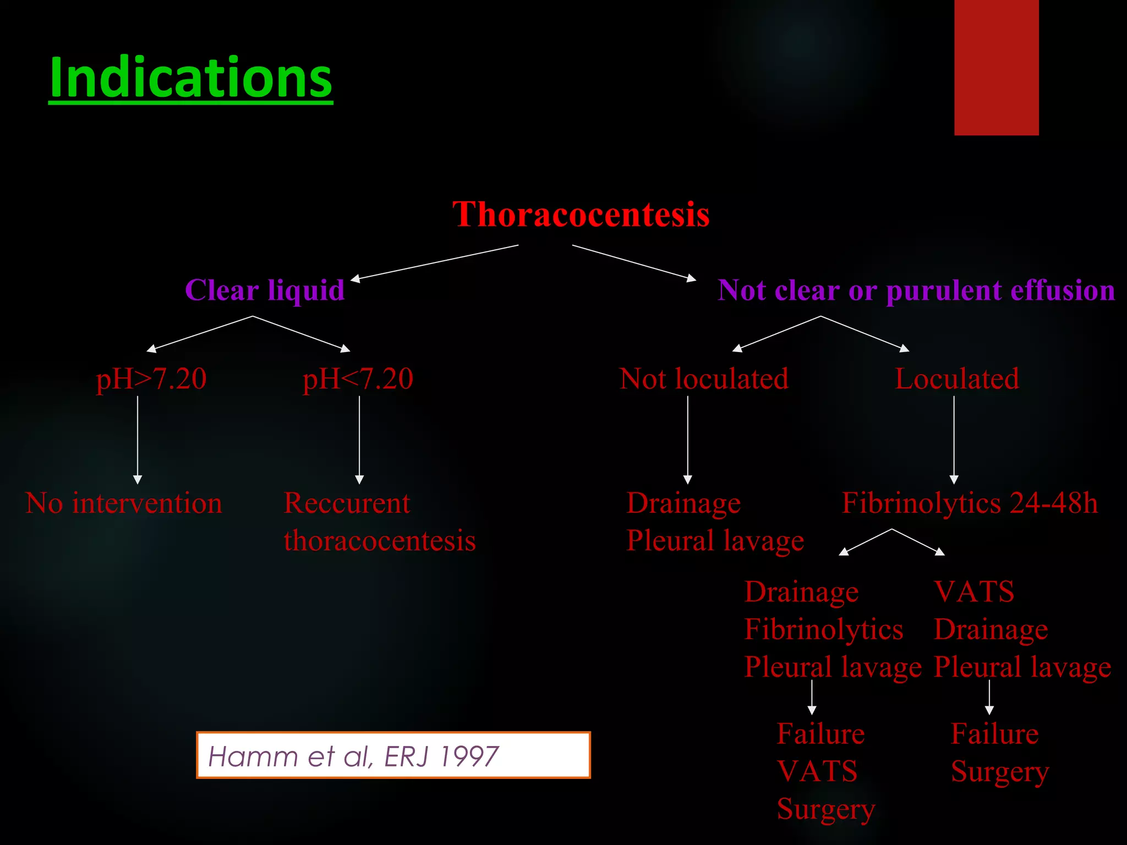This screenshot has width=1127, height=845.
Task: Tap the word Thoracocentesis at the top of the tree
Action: pyautogui.click(x=581, y=214)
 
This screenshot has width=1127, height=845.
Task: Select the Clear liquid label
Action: pyautogui.click(x=265, y=290)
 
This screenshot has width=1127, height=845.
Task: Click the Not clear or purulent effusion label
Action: pyautogui.click(x=916, y=290)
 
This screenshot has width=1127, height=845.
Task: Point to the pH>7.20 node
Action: pyautogui.click(x=151, y=379)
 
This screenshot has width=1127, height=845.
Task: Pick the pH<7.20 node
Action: pyautogui.click(x=358, y=379)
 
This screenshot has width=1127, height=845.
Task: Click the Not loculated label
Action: pyautogui.click(x=704, y=379)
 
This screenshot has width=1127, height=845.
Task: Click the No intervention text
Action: pyautogui.click(x=124, y=503)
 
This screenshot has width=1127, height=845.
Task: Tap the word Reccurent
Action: pyautogui.click(x=347, y=503)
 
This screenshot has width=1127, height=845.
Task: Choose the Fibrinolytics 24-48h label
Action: pyautogui.click(x=970, y=503)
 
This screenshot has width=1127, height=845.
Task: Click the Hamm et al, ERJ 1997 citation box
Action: pyautogui.click(x=393, y=755)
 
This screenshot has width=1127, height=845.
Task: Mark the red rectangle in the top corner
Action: pyautogui.click(x=996, y=67)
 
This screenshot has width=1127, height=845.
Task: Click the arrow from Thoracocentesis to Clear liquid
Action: pyautogui.click(x=435, y=263)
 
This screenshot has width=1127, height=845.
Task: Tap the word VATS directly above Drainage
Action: pyautogui.click(x=974, y=592)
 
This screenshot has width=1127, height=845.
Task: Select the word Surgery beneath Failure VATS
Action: pyautogui.click(x=825, y=809)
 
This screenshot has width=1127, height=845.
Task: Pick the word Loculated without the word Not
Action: pyautogui.click(x=957, y=379)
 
